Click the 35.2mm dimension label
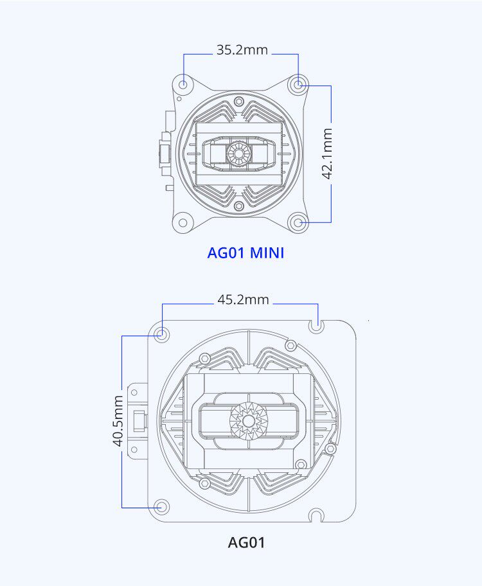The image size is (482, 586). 242,49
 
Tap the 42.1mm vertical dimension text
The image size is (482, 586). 327,153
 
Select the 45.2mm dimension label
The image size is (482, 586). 243,299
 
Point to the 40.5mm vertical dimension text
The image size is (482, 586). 118,421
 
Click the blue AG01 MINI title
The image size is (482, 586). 245,253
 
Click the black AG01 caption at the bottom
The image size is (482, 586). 246,542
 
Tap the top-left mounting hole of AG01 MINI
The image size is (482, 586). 183,85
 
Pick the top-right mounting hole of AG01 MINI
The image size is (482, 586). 298,85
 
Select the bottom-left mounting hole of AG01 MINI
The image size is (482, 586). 183,223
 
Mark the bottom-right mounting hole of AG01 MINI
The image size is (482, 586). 298,223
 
